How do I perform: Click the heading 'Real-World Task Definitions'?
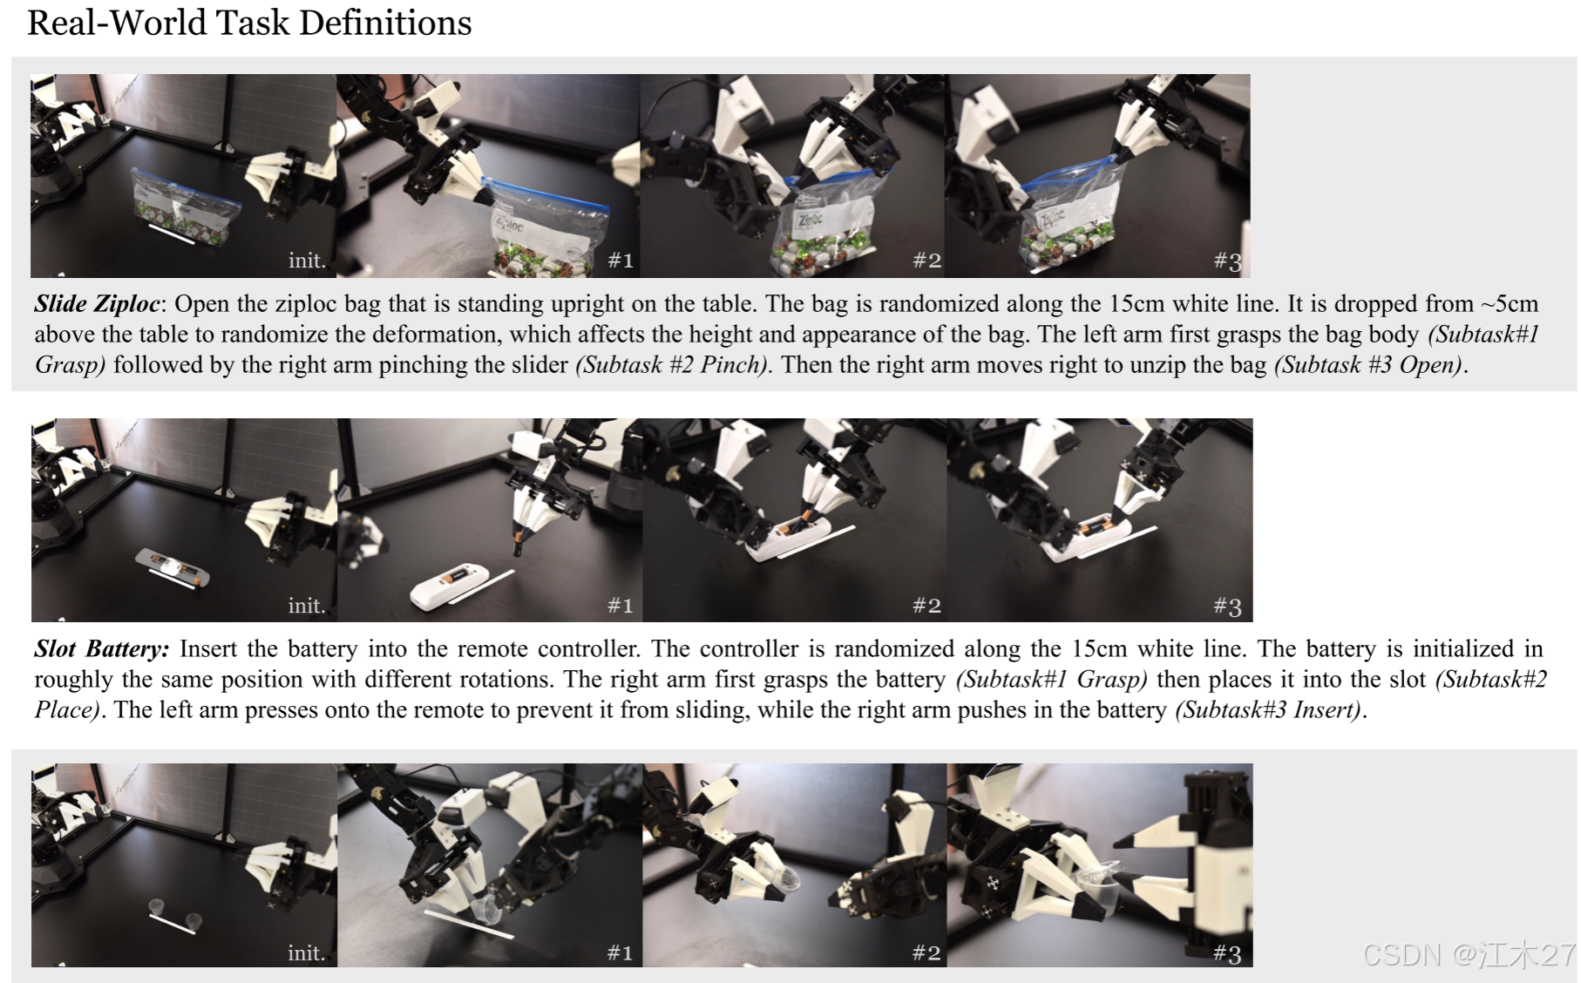coord(249,23)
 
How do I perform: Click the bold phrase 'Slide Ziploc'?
coord(97,304)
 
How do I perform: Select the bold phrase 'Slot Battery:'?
coord(102,649)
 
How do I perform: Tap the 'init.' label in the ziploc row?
coord(307,260)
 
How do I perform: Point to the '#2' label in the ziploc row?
coord(926,260)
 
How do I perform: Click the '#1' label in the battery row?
coord(621,605)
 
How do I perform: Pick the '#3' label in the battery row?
coord(1227,606)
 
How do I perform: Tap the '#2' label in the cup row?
coord(926,952)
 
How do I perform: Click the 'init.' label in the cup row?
coord(307,952)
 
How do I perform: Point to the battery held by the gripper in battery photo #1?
coord(519,543)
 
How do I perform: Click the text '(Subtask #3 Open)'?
coord(1367,364)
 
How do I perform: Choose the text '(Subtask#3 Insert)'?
coord(1268,709)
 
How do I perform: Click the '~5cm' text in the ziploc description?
coord(1509,304)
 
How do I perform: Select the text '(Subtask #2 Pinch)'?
coord(671,364)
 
